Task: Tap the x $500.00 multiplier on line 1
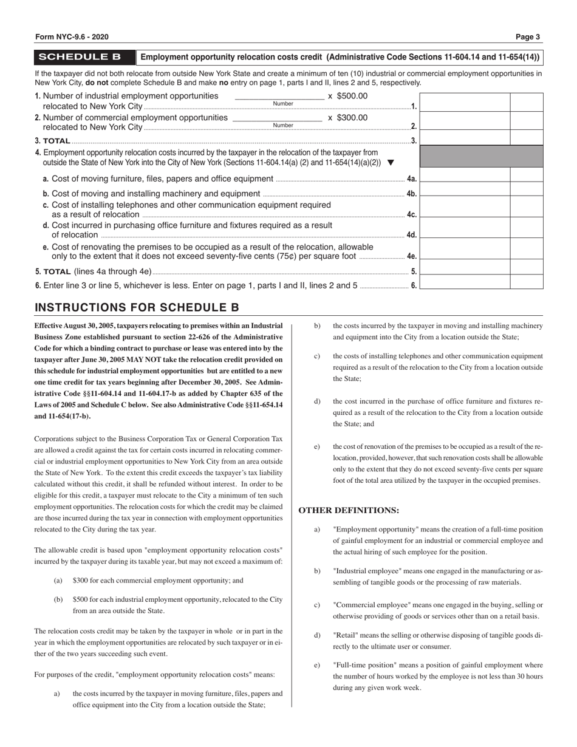(347, 96)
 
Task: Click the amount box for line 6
(465, 282)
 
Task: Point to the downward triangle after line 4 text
(391, 162)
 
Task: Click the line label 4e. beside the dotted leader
(411, 256)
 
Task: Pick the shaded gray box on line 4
(481, 156)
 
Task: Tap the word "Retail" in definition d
(345, 635)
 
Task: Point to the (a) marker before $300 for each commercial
(58, 581)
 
